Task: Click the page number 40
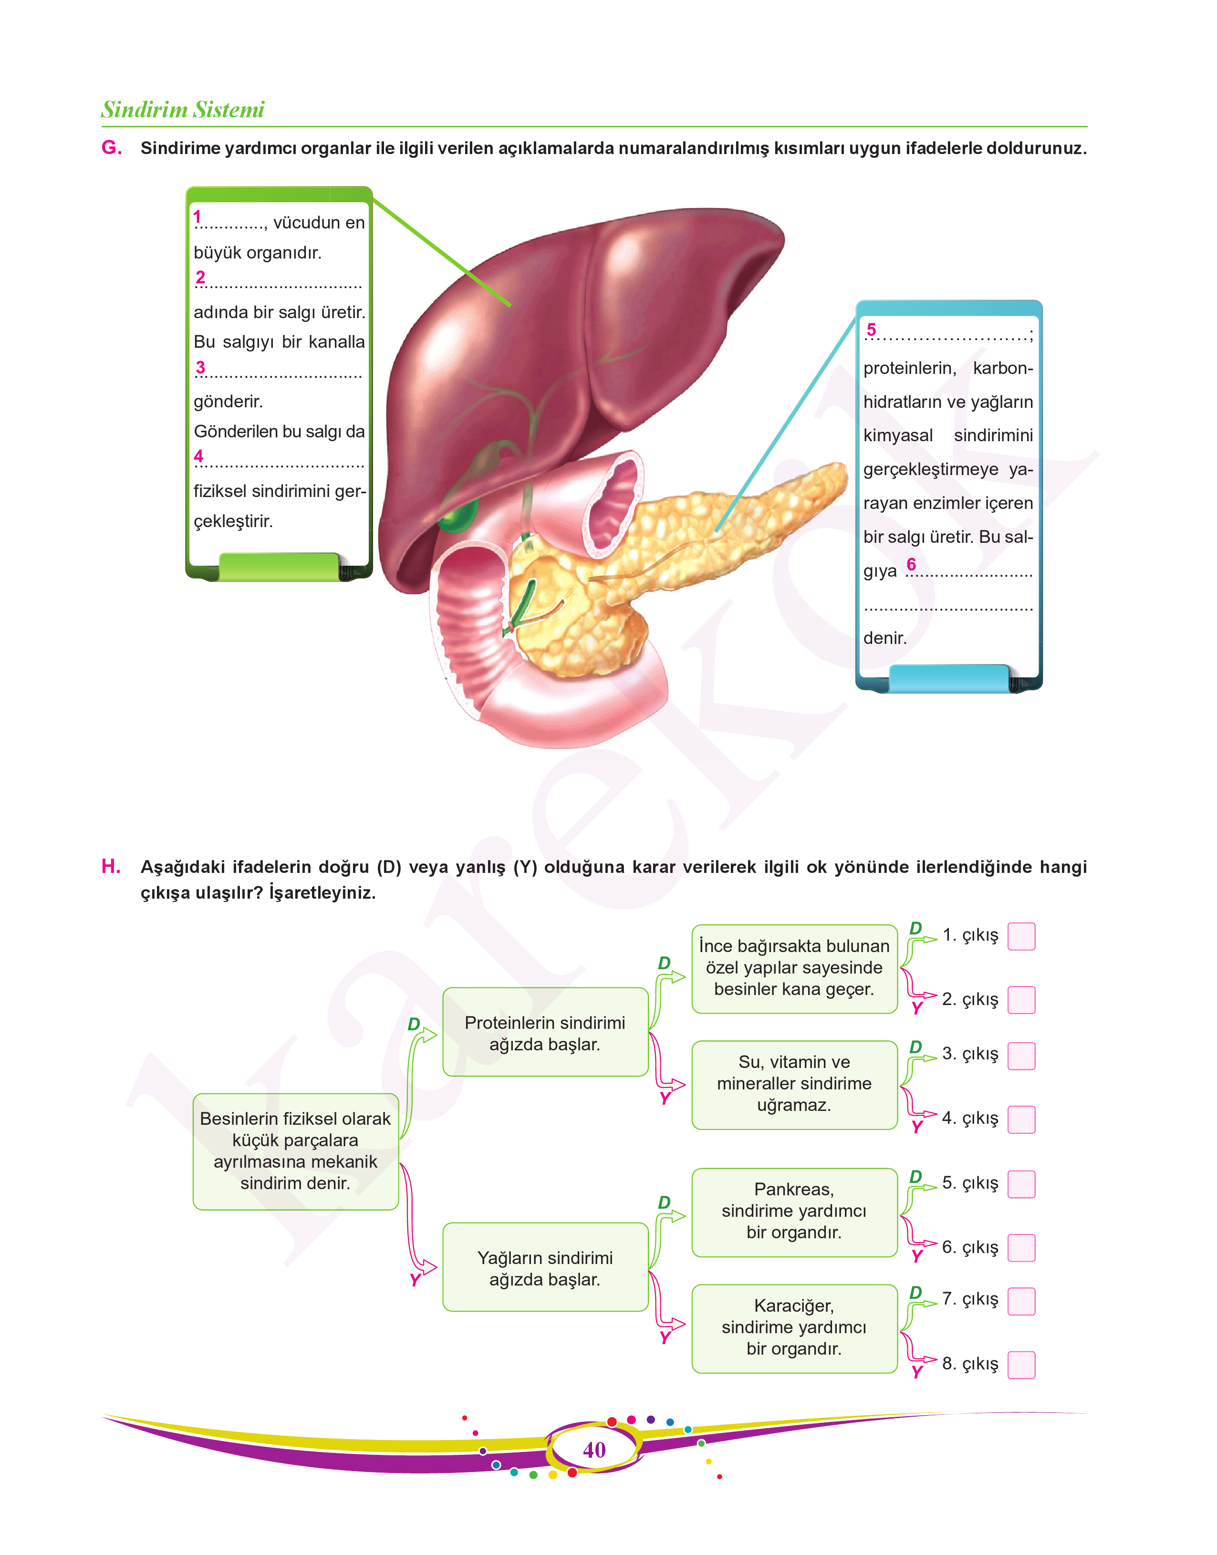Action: pyautogui.click(x=594, y=1450)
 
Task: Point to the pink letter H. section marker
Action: pyautogui.click(x=111, y=866)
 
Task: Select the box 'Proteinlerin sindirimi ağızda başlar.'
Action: pyautogui.click(x=545, y=1032)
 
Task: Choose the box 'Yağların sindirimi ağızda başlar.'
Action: pyautogui.click(x=545, y=1267)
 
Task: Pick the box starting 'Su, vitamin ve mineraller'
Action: pyautogui.click(x=794, y=1085)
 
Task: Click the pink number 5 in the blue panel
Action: pyautogui.click(x=871, y=330)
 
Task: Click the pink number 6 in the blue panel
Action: pyautogui.click(x=911, y=564)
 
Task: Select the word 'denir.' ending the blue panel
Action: pyautogui.click(x=885, y=638)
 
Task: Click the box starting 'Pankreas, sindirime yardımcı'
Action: pyautogui.click(x=794, y=1213)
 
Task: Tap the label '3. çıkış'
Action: pyautogui.click(x=970, y=1054)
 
